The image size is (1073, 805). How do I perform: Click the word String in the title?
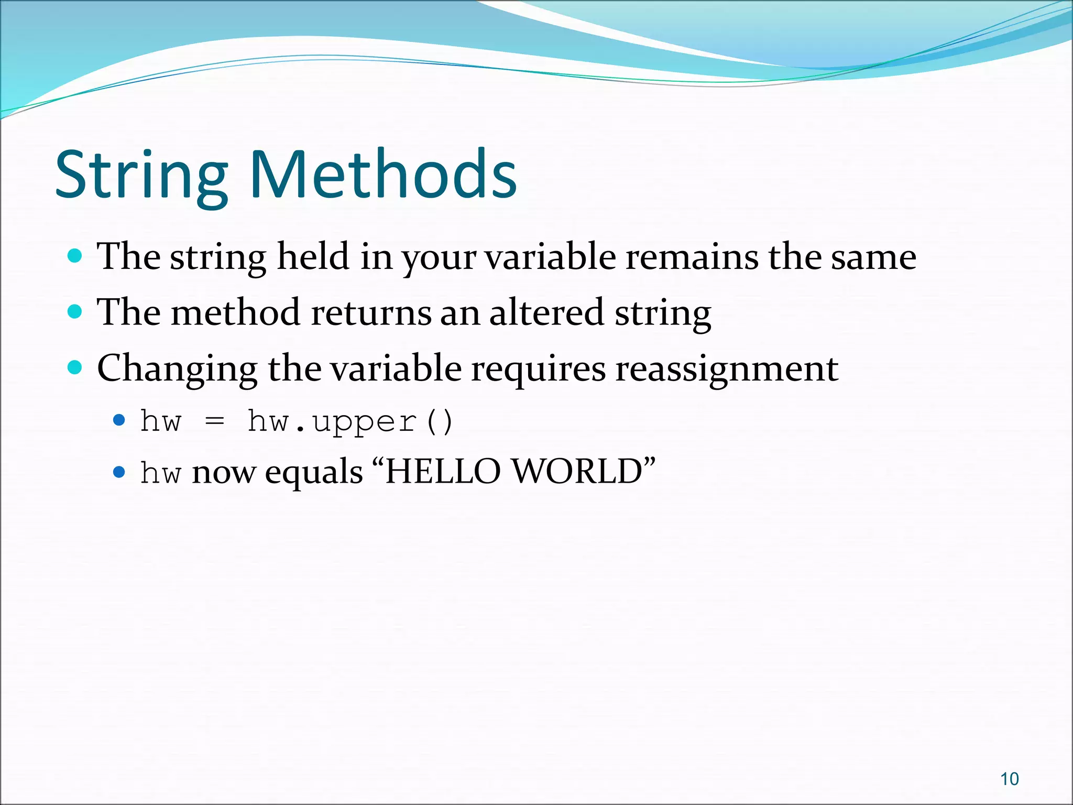click(141, 176)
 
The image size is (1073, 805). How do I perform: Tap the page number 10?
click(1009, 779)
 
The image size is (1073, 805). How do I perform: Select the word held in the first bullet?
click(313, 257)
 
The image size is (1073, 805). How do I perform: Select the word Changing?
click(177, 369)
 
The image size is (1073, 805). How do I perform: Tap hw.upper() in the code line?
click(350, 422)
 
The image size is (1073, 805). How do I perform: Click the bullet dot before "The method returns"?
click(75, 312)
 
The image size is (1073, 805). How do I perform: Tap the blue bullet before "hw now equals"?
click(119, 472)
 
